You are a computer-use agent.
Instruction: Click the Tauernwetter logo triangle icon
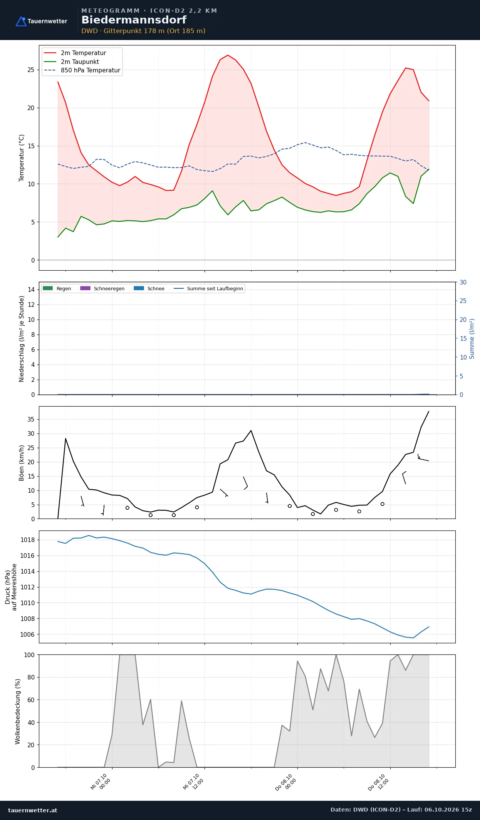pos(21,21)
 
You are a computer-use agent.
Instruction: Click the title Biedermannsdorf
pos(134,20)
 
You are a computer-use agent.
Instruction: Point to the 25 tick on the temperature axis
pos(31,70)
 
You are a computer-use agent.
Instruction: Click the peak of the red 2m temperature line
pos(228,55)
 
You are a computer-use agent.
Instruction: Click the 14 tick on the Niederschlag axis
pos(31,290)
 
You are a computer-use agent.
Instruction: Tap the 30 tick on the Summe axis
pos(463,282)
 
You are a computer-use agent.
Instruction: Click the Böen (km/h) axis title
pos(22,463)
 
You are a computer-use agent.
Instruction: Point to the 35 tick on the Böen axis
pos(31,419)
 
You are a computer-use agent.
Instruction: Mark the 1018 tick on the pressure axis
pos(27,540)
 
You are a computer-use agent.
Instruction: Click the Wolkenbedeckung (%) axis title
pos(18,711)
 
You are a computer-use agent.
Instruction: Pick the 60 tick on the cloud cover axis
pos(31,700)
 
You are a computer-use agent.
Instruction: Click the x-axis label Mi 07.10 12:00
pos(193,782)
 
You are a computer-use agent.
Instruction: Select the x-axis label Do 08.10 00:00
pos(286,783)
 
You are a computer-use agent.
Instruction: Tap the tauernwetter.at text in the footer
pos(33,810)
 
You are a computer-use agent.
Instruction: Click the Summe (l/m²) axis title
pos(472,339)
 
